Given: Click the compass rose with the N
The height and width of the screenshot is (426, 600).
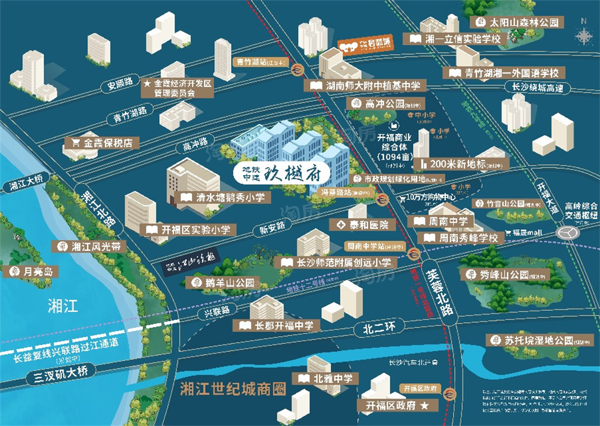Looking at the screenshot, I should (x=583, y=35).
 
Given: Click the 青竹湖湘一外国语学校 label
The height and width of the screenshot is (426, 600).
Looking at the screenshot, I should (x=504, y=73).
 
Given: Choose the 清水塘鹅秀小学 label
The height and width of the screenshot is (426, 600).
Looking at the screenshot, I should (x=225, y=197).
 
